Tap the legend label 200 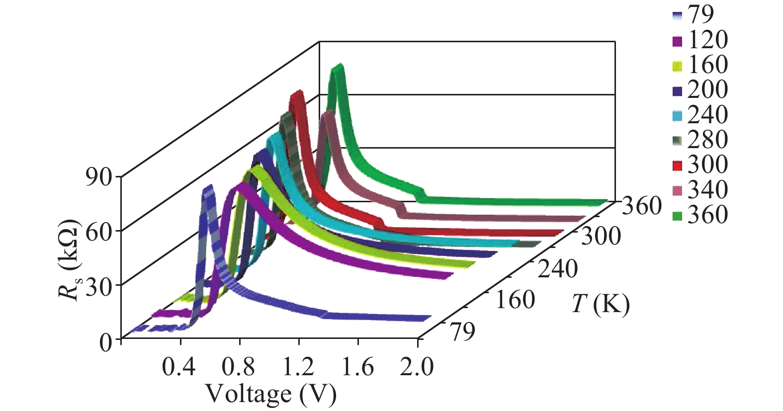pyautogui.click(x=707, y=89)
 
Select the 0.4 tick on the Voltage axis pyautogui.click(x=180, y=367)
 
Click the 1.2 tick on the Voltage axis pyautogui.click(x=299, y=367)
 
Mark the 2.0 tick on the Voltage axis pyautogui.click(x=417, y=367)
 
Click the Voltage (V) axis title pyautogui.click(x=271, y=394)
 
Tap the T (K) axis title pyautogui.click(x=600, y=304)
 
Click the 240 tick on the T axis pyautogui.click(x=557, y=269)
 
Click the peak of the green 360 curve pyautogui.click(x=339, y=67)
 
